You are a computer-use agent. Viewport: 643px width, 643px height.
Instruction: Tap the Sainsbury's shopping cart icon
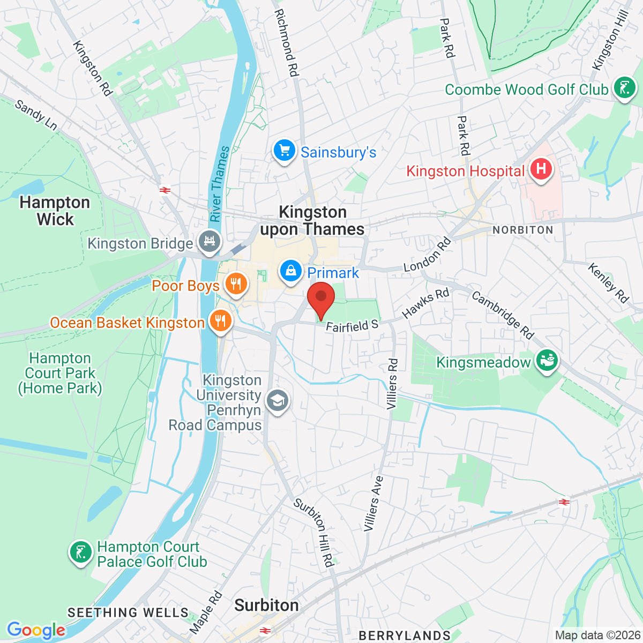point(285,151)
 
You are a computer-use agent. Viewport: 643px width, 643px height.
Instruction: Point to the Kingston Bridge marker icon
point(209,242)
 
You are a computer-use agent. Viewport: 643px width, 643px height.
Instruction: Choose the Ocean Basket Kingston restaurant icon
point(220,322)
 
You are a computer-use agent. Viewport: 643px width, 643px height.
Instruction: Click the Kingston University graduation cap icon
point(278,401)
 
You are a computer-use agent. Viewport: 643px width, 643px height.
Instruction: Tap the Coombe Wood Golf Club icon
point(624,88)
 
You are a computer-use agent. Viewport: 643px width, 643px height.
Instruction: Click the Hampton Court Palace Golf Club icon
point(81,552)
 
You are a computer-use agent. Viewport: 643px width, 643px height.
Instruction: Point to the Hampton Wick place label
point(55,211)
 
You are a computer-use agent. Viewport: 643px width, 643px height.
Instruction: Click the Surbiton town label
point(266,605)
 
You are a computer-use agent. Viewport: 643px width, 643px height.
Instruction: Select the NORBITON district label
point(522,230)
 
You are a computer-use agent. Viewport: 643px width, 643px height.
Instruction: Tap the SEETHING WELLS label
point(128,612)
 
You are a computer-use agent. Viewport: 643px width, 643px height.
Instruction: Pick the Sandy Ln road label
point(36,115)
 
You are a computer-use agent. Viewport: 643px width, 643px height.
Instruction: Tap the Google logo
point(36,630)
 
